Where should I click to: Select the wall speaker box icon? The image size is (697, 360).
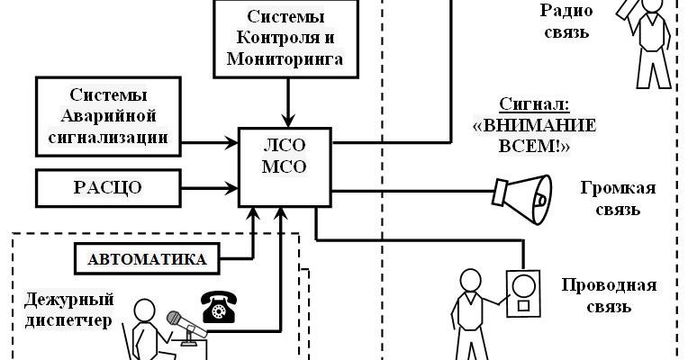522,294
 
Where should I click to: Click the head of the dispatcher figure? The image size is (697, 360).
144,310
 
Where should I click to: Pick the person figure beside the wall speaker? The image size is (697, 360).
469,306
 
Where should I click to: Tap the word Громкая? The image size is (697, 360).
618,189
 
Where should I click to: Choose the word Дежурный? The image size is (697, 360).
57,299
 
